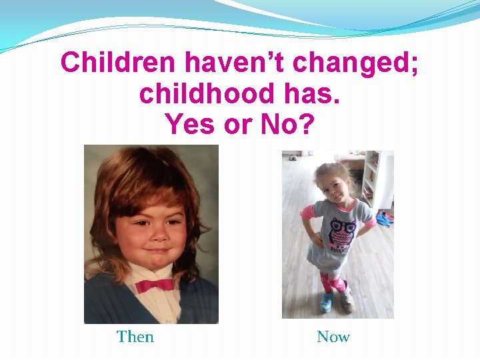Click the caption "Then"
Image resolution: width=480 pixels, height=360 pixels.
point(135,337)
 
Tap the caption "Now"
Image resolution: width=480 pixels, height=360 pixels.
point(333,337)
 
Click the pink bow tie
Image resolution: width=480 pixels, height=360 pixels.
point(155,285)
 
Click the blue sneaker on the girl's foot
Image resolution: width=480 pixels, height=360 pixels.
point(326,302)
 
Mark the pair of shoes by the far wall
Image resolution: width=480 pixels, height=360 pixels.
point(294,158)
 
